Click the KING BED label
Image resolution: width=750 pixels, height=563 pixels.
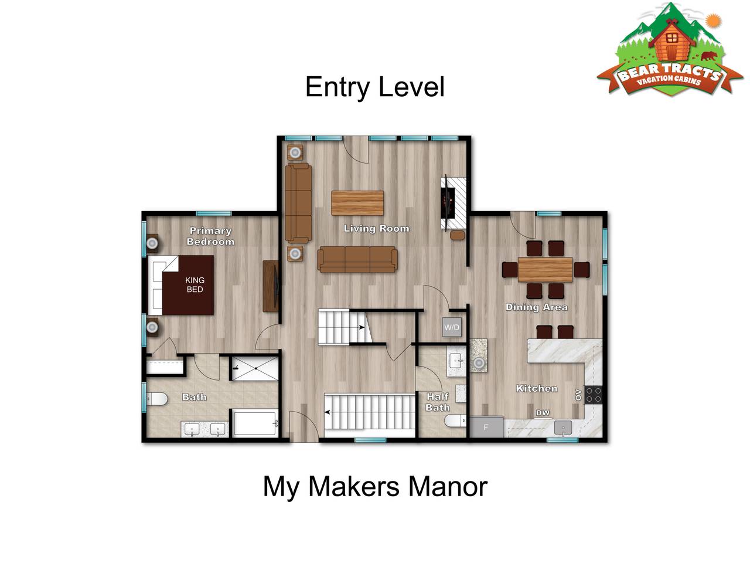click(195, 284)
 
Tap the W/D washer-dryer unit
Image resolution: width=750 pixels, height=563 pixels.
click(451, 327)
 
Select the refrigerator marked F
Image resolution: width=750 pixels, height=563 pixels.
click(486, 426)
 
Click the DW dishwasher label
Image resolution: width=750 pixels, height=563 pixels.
click(542, 413)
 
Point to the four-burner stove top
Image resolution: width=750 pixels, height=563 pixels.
click(593, 395)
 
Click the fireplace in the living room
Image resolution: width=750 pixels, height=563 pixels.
click(453, 203)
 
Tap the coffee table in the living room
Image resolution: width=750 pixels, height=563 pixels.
click(357, 203)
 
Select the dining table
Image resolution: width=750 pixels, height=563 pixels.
click(545, 269)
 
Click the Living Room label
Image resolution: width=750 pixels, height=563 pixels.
click(376, 228)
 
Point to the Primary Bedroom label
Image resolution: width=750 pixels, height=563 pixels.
click(210, 236)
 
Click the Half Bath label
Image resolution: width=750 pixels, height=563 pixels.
click(437, 402)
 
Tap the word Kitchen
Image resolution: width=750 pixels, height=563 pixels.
click(537, 388)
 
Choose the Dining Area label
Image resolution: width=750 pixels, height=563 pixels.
click(536, 307)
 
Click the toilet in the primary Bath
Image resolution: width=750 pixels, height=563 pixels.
click(157, 399)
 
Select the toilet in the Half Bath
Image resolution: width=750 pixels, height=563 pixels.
click(455, 420)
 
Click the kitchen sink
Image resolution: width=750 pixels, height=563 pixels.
click(562, 428)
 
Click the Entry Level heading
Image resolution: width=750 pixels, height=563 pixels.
click(374, 87)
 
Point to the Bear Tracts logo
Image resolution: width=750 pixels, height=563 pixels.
click(669, 50)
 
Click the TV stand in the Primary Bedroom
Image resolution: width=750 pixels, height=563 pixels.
click(271, 286)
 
